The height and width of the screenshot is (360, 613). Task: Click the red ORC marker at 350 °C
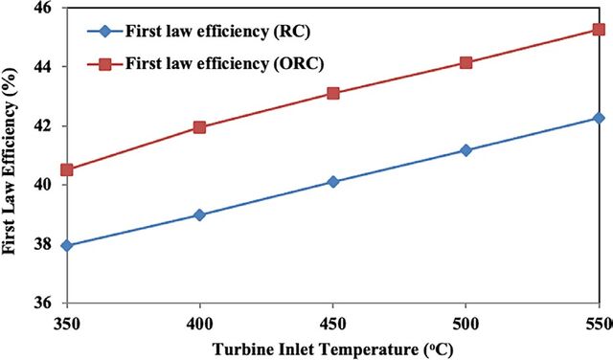[x=67, y=170]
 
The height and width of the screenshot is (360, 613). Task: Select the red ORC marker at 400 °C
[x=199, y=127]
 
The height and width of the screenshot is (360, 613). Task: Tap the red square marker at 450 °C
[x=333, y=93]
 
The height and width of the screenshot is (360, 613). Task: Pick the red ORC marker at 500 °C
[x=465, y=62]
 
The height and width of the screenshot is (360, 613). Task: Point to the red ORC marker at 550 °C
[x=599, y=30]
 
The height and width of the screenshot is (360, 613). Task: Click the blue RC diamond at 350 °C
[x=67, y=245]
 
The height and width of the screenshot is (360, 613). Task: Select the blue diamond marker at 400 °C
[x=199, y=214]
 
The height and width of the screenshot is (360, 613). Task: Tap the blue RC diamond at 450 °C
[x=333, y=182]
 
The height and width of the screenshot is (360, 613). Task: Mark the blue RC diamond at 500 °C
[x=465, y=150]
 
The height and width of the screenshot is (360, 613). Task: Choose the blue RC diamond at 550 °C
[x=599, y=118]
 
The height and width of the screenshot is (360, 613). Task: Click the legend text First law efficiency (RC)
[x=217, y=32]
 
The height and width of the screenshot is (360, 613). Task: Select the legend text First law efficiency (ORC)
[x=224, y=63]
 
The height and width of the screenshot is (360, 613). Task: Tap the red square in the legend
[x=104, y=64]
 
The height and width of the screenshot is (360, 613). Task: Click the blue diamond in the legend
[x=104, y=32]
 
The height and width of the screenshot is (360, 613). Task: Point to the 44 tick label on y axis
[x=51, y=67]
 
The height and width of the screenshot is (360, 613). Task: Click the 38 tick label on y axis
[x=51, y=244]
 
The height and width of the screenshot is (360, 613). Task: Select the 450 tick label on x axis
[x=332, y=324]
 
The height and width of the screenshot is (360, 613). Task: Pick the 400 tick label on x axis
[x=200, y=324]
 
